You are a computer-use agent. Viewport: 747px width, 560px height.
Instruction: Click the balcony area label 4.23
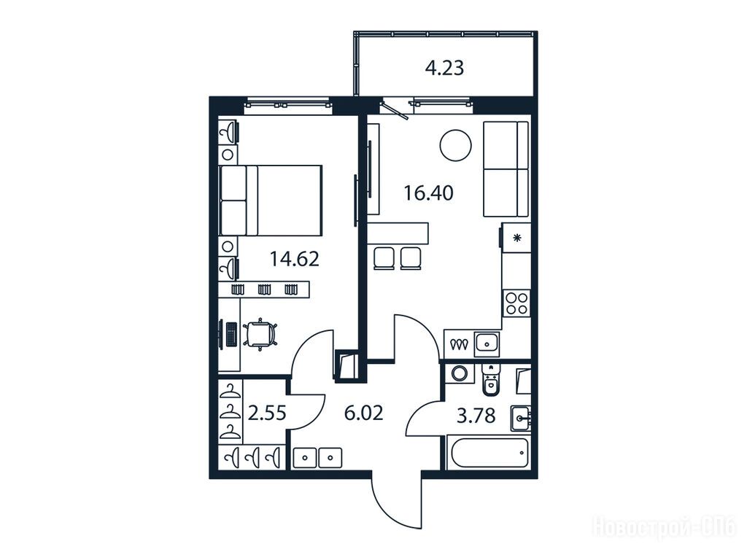[444, 68]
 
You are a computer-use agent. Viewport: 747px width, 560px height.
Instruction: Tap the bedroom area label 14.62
[295, 259]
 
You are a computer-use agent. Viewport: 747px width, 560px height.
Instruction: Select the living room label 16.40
[428, 192]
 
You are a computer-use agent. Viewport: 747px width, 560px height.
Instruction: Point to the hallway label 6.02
[363, 413]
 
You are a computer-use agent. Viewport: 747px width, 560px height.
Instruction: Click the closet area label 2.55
[267, 413]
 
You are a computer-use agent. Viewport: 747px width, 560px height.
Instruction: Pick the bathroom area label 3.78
[476, 416]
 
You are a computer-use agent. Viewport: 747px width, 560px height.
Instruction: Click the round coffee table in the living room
[456, 146]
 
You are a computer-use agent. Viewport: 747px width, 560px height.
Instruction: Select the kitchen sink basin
[487, 343]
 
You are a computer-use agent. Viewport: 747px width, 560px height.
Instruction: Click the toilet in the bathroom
[489, 381]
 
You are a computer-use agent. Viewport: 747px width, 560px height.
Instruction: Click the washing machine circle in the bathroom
[460, 373]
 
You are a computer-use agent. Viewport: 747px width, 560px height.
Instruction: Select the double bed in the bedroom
[271, 201]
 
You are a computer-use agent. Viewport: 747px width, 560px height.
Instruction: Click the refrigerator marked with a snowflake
[516, 238]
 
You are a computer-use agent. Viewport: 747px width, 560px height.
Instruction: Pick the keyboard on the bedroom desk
[231, 335]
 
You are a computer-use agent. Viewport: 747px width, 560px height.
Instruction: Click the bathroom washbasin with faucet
[521, 419]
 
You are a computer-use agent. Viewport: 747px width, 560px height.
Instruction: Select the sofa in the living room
[506, 169]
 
